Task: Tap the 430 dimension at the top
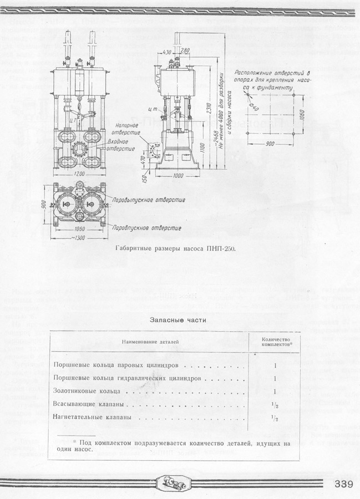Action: (166, 52)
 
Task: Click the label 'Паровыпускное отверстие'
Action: (148, 198)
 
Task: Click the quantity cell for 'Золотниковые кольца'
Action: (275, 391)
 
